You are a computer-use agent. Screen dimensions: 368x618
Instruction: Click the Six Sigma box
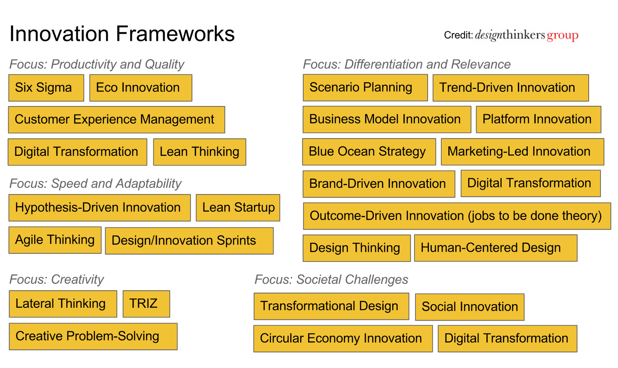(46, 88)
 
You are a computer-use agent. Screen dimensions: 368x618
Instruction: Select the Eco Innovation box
(140, 88)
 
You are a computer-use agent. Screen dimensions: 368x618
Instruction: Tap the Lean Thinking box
(199, 152)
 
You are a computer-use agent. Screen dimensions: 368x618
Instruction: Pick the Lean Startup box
(238, 208)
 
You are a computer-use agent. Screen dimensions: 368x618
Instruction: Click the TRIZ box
(146, 304)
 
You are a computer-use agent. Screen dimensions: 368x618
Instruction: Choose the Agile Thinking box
(55, 240)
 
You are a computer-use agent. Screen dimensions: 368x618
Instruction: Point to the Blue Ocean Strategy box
(369, 152)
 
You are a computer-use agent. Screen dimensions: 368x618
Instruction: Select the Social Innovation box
(470, 307)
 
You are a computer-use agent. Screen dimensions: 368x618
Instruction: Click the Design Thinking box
(356, 248)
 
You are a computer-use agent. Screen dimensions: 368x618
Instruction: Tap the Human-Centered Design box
(495, 248)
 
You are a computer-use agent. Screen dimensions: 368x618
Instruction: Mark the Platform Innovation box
(538, 120)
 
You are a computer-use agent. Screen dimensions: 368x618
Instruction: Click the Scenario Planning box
(365, 88)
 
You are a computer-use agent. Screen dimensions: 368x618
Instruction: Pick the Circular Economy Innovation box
(343, 339)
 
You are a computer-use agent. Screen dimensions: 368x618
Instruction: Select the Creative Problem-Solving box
(93, 336)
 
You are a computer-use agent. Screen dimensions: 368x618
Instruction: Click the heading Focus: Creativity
(56, 279)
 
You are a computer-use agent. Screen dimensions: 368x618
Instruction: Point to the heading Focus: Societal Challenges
(331, 279)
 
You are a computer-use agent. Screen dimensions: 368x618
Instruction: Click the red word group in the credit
(562, 36)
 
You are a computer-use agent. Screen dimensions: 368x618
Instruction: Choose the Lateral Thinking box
(63, 304)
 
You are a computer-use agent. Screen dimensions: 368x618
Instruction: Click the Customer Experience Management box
(116, 120)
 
